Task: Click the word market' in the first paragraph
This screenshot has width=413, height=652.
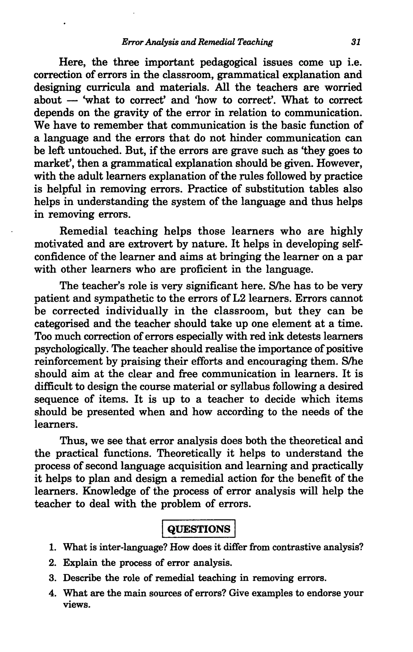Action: [x=51, y=164]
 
